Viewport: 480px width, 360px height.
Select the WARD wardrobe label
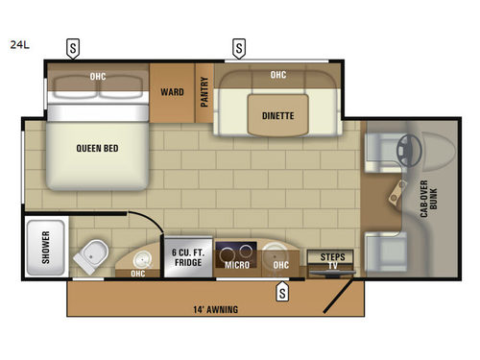pos(173,93)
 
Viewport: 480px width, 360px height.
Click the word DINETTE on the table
pos(278,116)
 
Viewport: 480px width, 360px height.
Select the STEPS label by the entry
pos(330,257)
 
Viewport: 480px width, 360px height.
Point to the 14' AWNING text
pos(215,309)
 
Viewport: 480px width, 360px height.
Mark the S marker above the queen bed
pos(73,46)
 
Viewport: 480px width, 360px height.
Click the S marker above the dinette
pos(238,46)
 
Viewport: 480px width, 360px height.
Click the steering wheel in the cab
pos(412,149)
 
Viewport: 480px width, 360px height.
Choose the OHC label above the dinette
pos(278,75)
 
